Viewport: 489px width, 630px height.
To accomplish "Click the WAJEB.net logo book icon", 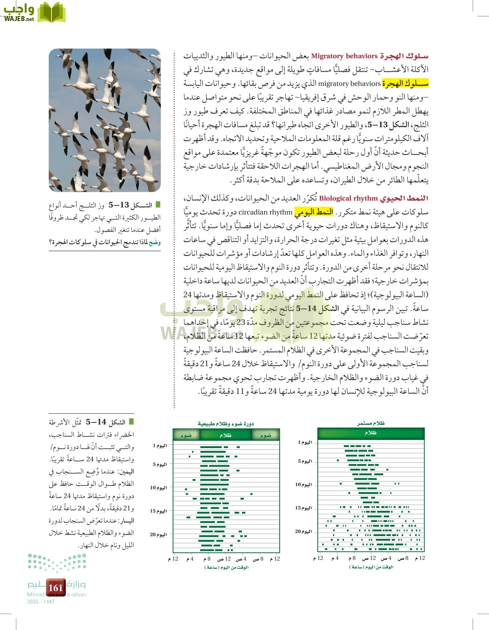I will click(51, 13).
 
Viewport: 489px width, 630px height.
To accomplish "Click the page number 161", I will click(55, 588).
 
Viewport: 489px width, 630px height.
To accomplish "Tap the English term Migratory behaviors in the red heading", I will click(344, 56).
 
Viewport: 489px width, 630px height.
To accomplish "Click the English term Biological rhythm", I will click(348, 198).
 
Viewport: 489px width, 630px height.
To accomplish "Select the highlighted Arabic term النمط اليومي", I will click(314, 212).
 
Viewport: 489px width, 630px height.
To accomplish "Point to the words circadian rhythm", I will click(265, 212).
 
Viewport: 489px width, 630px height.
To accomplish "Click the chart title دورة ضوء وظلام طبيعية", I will click(226, 424).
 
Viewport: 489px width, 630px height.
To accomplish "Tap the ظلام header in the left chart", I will click(226, 435).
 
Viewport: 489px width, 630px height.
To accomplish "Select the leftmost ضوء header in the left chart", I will click(186, 435).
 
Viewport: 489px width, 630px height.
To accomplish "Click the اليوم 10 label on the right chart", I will click(303, 485).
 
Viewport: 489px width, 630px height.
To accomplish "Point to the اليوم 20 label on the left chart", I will click(158, 534).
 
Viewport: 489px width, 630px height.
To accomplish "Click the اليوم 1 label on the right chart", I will click(305, 442).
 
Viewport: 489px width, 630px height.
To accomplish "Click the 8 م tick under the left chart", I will click(207, 559).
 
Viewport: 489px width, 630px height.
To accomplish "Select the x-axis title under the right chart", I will click(371, 567).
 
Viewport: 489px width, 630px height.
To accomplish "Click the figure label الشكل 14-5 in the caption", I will click(105, 422).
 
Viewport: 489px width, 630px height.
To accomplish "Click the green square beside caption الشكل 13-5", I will click(158, 204).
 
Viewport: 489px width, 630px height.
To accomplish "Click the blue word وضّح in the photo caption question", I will click(154, 242).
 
